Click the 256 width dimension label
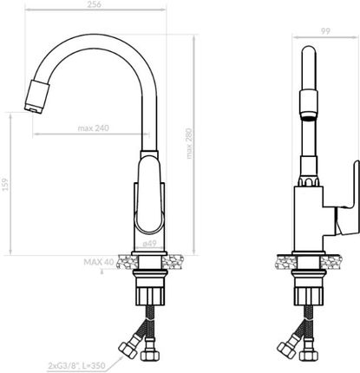point(94,4)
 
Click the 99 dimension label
point(325,31)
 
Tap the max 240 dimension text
point(94,128)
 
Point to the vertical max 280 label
point(189,144)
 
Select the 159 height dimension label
point(5,185)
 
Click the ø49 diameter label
point(149,244)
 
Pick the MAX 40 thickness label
point(99,262)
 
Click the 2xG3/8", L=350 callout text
point(76,366)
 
